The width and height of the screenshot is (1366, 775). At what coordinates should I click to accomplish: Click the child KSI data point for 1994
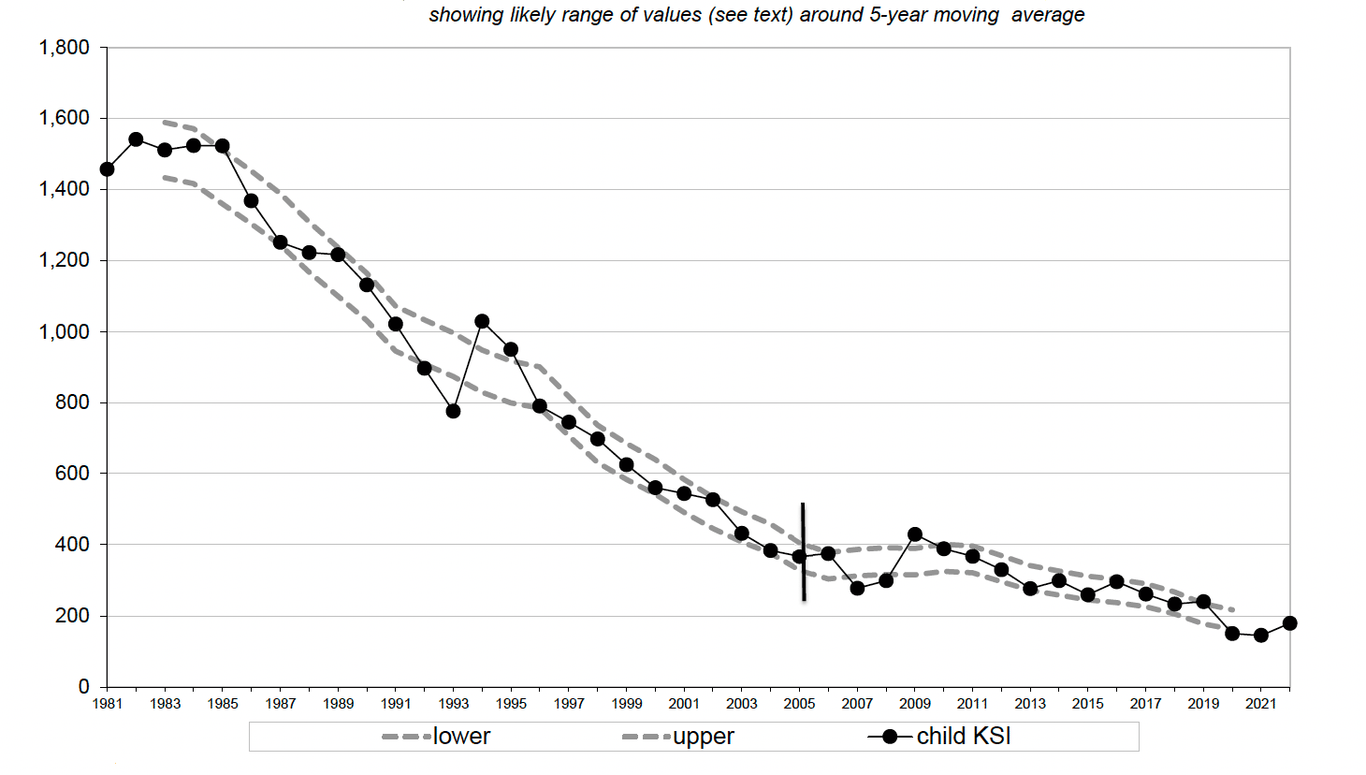point(482,321)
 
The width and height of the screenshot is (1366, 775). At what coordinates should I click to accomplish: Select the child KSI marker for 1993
point(453,411)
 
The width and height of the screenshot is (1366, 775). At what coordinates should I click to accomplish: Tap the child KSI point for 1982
point(136,139)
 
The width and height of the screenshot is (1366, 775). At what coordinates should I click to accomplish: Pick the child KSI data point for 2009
point(915,534)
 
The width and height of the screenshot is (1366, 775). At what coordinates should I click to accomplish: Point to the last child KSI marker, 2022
point(1289,623)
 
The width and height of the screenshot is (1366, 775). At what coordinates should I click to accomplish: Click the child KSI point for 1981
point(107,169)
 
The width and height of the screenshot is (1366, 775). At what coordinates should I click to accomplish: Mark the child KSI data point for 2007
point(857,588)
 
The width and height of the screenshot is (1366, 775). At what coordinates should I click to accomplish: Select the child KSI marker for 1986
point(251,201)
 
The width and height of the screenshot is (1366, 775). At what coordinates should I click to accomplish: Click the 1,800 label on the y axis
point(64,48)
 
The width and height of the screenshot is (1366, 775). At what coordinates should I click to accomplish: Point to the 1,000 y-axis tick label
point(64,332)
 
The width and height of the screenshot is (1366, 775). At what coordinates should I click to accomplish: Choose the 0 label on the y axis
point(83,687)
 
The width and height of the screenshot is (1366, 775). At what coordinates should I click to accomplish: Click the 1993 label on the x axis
point(454,704)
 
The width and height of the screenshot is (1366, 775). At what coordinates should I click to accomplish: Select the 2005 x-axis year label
point(799,704)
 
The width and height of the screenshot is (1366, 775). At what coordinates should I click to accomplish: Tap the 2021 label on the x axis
point(1260,704)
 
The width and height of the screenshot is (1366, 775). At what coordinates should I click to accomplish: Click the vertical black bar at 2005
point(803,552)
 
